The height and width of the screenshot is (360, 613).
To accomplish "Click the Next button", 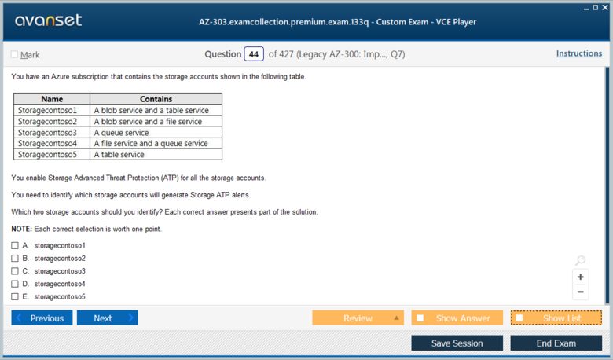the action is (108, 318).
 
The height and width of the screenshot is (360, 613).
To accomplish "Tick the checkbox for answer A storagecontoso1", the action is (15, 245).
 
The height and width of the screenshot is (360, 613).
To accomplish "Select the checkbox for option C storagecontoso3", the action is (15, 271).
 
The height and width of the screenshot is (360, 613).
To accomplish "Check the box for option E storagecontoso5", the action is (15, 296).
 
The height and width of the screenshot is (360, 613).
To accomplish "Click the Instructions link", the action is (579, 53).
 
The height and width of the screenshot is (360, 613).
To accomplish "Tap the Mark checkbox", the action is (14, 54).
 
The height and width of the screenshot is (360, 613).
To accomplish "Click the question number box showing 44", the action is (254, 54).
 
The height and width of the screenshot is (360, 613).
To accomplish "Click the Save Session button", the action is (457, 343).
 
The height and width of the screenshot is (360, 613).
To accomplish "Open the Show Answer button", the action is (457, 318).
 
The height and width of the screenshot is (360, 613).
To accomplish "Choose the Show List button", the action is (556, 318).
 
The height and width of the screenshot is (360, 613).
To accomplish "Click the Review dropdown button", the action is (358, 318).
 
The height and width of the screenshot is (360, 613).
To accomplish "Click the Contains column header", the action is (156, 99).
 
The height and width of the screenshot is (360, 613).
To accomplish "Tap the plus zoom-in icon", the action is (581, 277).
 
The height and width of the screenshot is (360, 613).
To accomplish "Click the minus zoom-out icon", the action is (581, 292).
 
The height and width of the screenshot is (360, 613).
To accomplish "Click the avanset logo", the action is (49, 20).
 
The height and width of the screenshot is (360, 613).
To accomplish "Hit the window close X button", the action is (605, 7).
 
